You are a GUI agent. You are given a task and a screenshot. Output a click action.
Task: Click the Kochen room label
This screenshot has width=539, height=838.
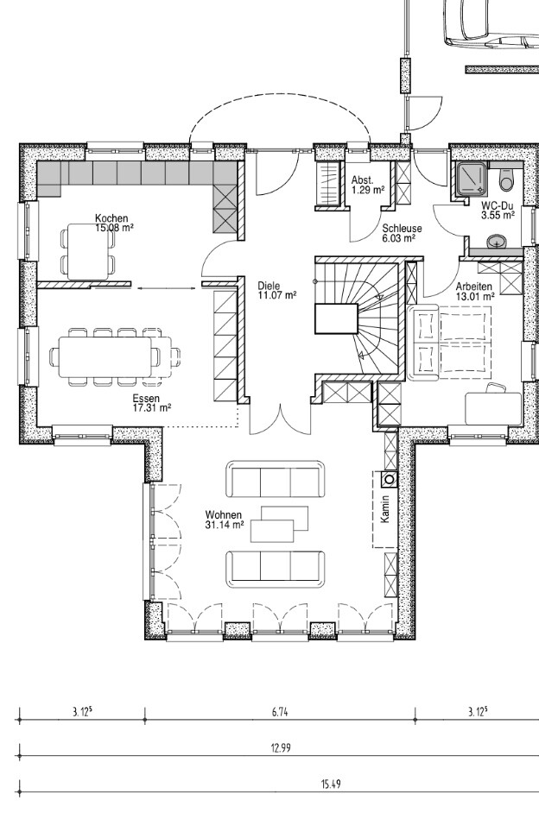click(x=111, y=218)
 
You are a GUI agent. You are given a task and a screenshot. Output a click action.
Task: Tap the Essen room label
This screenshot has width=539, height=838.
click(x=144, y=398)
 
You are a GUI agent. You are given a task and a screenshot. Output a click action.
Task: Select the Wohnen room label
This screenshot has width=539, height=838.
click(x=224, y=515)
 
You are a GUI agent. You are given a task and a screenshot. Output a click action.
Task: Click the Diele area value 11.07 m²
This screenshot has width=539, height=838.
click(x=277, y=294)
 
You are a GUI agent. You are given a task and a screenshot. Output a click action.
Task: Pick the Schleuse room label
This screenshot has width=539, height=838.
click(x=402, y=229)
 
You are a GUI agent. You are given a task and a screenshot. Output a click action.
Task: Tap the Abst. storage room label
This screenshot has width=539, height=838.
click(x=363, y=180)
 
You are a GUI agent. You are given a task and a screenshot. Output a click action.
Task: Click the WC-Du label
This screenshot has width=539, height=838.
click(x=498, y=205)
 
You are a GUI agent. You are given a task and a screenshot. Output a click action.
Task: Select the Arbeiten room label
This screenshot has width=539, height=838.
click(x=473, y=287)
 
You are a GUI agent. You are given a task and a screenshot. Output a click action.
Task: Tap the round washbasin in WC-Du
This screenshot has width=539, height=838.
click(x=498, y=243)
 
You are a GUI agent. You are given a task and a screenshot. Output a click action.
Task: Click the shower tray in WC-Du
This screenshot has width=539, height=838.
click(x=472, y=180)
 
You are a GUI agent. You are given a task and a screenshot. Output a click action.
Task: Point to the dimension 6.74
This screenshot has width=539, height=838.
click(x=280, y=711)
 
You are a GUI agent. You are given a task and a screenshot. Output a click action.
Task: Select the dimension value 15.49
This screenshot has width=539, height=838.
click(x=331, y=784)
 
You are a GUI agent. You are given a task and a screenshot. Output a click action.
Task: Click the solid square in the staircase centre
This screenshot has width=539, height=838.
click(x=336, y=318)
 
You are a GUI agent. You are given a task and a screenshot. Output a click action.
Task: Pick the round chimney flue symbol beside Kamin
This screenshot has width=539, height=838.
click(x=390, y=479)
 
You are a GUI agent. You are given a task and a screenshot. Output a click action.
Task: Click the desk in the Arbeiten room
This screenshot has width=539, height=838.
click(x=492, y=409)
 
